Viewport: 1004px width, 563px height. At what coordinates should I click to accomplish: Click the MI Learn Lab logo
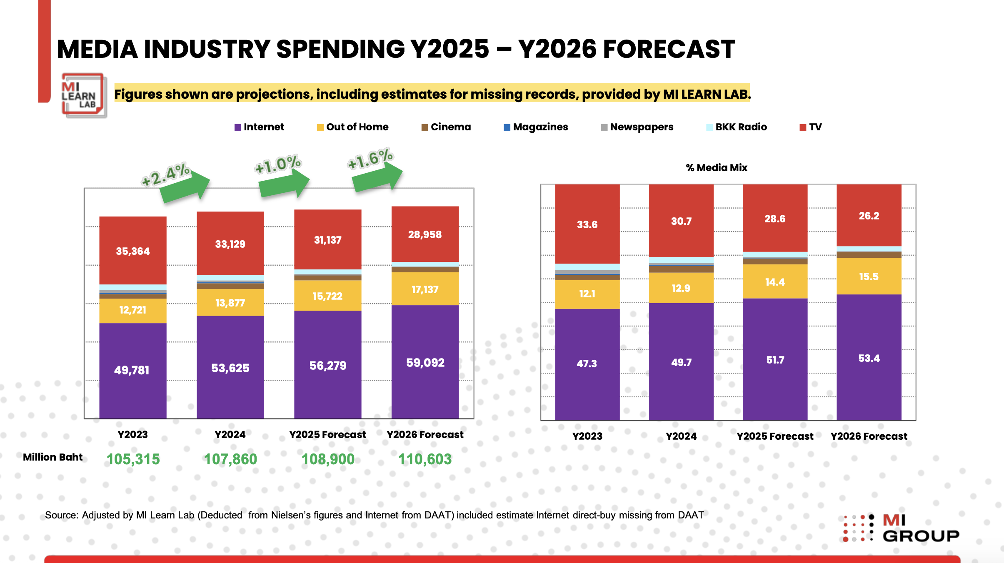83,95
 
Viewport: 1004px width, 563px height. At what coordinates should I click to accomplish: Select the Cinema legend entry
446,127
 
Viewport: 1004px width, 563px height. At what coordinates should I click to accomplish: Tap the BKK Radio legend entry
737,127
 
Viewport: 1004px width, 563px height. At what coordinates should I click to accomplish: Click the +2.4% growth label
165,174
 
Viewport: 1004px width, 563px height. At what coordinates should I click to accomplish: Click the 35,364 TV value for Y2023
132,251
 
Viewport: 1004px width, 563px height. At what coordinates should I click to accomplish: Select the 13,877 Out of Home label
230,303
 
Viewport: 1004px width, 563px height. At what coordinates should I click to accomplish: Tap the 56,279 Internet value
327,366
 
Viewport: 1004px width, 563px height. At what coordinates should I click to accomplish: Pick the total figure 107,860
230,459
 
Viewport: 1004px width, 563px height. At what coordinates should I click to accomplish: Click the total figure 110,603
425,459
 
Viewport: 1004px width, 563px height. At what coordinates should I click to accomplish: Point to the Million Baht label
53,457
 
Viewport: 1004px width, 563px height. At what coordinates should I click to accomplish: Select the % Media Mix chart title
717,167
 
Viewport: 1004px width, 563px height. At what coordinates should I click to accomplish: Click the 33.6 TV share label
587,224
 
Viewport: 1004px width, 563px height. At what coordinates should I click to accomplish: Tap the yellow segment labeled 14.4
775,282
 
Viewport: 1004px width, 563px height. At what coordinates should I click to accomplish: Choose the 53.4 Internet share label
869,358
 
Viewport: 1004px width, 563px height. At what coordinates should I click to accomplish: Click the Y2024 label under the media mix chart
681,436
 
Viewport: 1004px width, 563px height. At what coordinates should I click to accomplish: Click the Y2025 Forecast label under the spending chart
327,434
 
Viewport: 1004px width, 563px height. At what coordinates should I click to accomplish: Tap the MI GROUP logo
902,528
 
